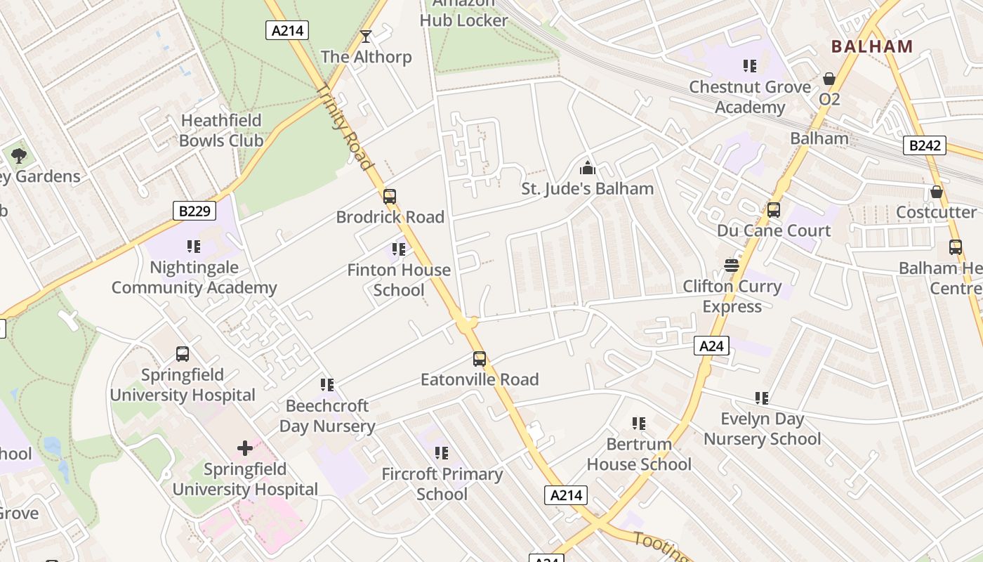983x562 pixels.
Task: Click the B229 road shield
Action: (194, 211)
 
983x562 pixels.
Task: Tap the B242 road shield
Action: (923, 145)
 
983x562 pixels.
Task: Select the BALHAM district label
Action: (871, 46)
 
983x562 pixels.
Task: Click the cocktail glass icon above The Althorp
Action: (365, 36)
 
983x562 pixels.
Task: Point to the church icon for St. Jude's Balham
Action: (587, 168)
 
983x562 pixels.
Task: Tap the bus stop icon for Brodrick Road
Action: (390, 197)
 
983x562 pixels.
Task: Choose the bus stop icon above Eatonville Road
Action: (480, 359)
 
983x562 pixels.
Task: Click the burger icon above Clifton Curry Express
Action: (732, 266)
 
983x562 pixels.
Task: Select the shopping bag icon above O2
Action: (829, 78)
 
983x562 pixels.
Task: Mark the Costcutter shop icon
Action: (936, 192)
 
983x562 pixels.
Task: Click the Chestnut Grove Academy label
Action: (749, 97)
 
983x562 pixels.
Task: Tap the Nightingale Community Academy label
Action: (194, 277)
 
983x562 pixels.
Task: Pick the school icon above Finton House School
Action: (399, 249)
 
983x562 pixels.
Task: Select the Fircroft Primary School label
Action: (442, 484)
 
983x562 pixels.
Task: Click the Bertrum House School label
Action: (639, 454)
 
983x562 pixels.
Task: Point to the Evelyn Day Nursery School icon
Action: (762, 398)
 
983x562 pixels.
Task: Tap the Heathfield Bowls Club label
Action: (220, 131)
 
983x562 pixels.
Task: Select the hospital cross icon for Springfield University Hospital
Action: (244, 447)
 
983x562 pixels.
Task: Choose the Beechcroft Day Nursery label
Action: (327, 416)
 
